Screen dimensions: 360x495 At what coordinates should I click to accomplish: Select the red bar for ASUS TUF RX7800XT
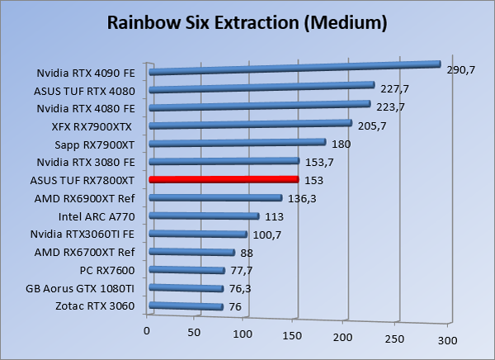coord(223,179)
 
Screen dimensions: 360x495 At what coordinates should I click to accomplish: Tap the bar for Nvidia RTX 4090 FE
coord(294,68)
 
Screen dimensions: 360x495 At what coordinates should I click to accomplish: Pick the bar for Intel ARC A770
coord(203,216)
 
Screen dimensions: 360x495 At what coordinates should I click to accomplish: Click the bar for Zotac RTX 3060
coord(186,307)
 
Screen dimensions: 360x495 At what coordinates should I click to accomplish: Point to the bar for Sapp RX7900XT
coord(236,143)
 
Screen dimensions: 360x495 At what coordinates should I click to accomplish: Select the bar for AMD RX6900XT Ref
coord(214,198)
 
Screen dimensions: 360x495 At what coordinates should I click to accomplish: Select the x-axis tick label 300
coord(445,339)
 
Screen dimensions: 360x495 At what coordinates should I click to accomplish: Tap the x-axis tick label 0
coord(147,330)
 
